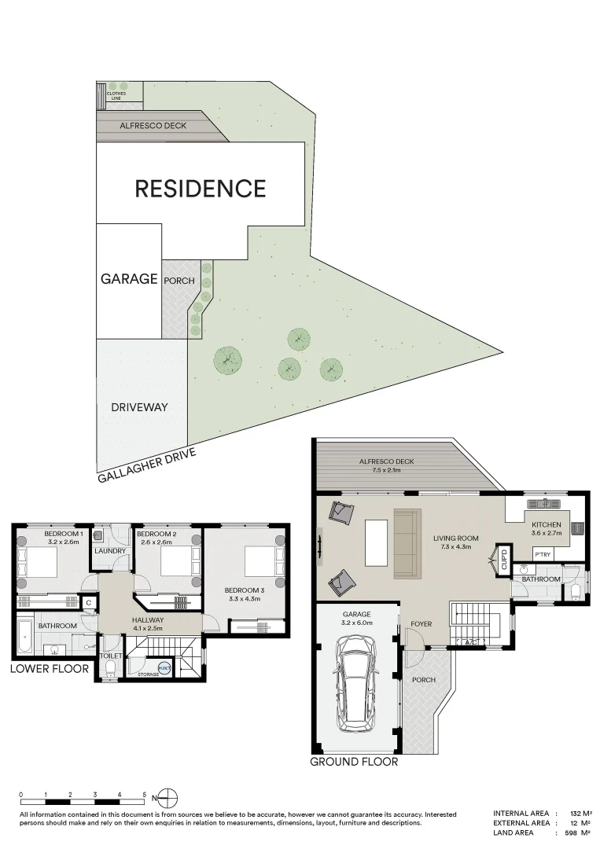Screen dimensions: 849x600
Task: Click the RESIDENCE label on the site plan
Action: [x=201, y=189]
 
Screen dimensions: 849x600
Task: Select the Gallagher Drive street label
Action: [x=146, y=465]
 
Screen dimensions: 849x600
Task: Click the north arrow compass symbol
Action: [x=169, y=799]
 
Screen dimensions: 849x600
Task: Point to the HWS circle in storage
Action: [x=164, y=667]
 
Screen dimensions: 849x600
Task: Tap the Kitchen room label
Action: [x=547, y=524]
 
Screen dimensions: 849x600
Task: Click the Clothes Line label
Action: [x=116, y=96]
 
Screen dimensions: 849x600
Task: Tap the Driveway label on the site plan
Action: [x=139, y=407]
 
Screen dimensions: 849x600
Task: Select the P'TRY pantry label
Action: [x=543, y=554]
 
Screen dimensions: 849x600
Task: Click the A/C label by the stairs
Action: [x=472, y=643]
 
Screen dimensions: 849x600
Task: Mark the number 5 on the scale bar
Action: [x=145, y=795]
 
